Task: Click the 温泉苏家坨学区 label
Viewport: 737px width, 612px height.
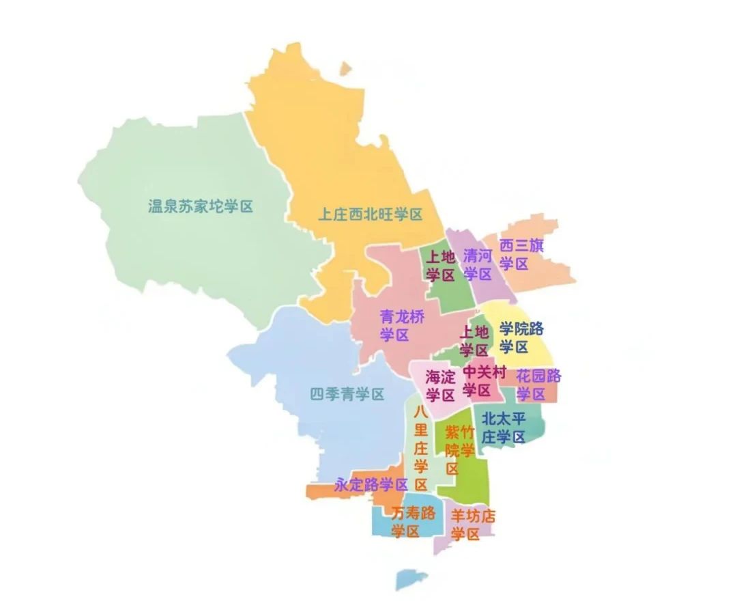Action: (201, 206)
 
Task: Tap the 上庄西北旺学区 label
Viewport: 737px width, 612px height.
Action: (371, 214)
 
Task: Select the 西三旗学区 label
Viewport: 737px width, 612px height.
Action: (521, 254)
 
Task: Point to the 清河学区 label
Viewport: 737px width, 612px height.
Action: (478, 265)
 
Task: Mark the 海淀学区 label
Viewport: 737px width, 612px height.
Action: (440, 386)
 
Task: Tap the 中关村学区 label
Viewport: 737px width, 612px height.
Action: (485, 381)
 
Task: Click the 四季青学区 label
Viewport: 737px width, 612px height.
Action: (347, 394)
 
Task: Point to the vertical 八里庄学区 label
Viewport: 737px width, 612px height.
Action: (420, 448)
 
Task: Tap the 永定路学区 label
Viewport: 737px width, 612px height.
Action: (371, 485)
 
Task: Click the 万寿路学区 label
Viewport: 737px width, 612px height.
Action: (412, 523)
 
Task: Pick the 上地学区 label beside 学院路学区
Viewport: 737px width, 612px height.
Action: (474, 341)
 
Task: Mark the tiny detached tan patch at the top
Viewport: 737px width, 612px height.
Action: (346, 68)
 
